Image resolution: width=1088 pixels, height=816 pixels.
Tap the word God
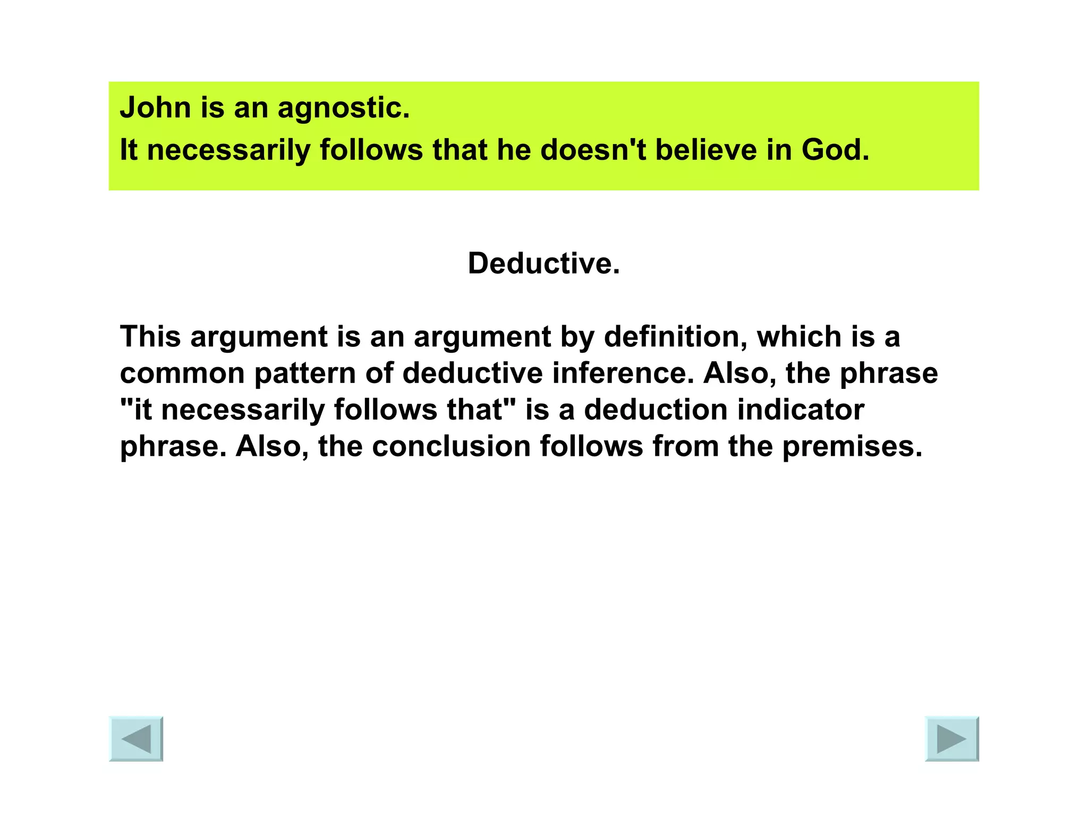(835, 150)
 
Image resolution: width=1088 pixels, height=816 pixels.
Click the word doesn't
(593, 150)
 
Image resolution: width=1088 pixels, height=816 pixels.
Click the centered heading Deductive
(543, 263)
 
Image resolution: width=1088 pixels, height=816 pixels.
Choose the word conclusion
(451, 446)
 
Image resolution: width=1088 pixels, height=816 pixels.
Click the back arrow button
(136, 738)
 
